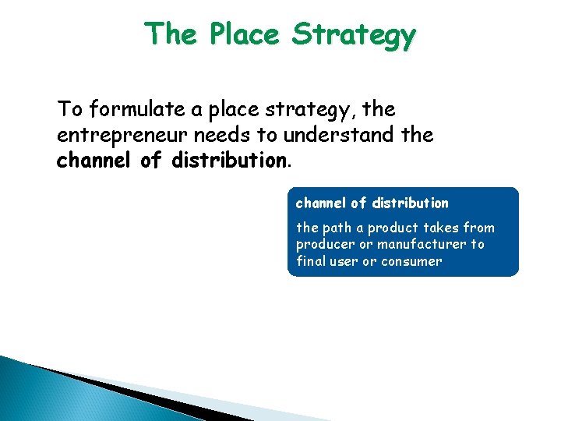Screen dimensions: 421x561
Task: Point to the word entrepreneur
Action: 123,135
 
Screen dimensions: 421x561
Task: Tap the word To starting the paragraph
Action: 69,109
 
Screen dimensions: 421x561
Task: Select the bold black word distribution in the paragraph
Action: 231,161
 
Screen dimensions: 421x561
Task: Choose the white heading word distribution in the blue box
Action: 410,203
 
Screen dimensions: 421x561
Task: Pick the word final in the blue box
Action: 310,261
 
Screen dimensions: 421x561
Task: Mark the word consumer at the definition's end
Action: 413,261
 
